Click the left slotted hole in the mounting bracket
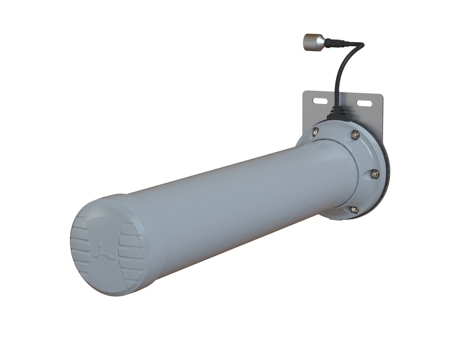coord(320,100)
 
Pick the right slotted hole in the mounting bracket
coord(364,103)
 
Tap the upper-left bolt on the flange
coord(316,132)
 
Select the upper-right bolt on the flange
coord(355,135)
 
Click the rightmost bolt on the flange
coord(375,173)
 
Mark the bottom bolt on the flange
coord(354,209)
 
